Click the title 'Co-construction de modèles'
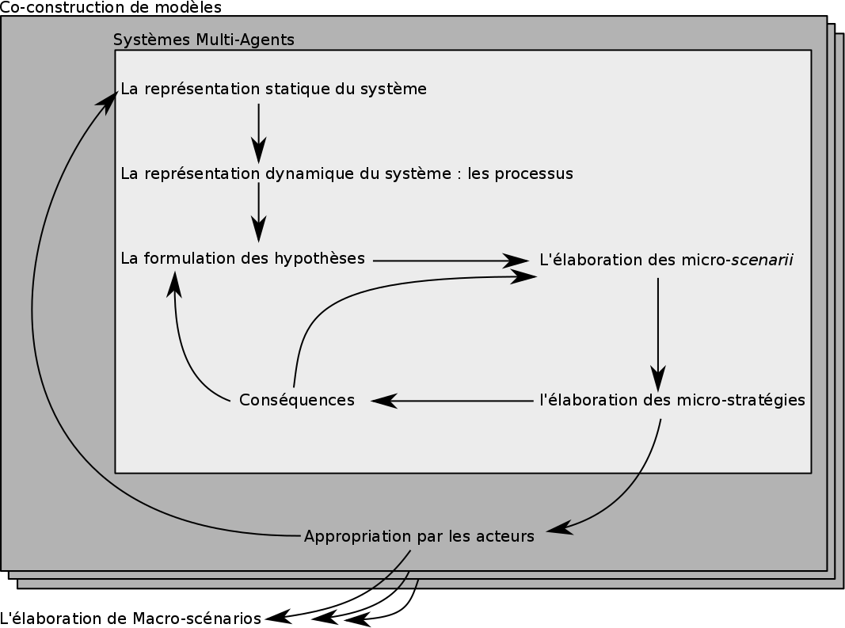(x=111, y=7)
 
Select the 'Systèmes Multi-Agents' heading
(x=204, y=40)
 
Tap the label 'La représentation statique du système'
(x=273, y=89)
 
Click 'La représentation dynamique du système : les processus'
(x=347, y=173)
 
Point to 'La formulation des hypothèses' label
(x=242, y=258)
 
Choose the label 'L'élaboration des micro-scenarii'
(x=666, y=260)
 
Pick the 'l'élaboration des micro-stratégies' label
(x=672, y=400)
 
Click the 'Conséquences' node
(x=297, y=401)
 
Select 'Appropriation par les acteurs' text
(x=419, y=537)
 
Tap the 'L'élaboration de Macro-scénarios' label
(x=131, y=618)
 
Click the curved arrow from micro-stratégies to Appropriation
(x=634, y=491)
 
